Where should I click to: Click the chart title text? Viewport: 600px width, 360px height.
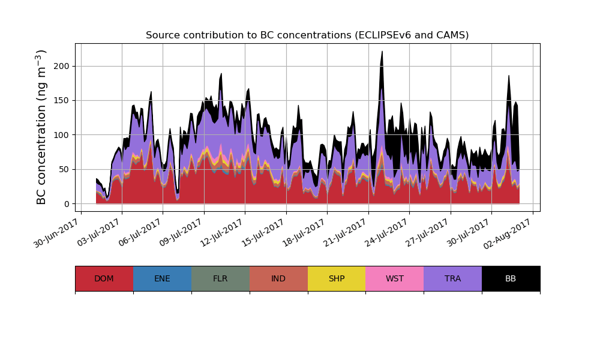(307, 35)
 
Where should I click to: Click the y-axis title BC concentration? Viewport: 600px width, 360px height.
(41, 127)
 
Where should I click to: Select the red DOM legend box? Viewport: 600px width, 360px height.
(104, 278)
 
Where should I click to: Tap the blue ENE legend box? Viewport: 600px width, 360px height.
(162, 278)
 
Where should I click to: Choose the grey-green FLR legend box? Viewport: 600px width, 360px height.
(220, 278)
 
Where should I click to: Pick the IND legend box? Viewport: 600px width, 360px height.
(278, 278)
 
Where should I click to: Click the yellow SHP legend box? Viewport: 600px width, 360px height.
(337, 278)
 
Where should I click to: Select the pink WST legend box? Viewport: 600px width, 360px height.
(395, 278)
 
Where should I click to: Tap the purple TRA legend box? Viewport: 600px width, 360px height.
(453, 278)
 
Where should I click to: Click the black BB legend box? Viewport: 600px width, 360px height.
(511, 278)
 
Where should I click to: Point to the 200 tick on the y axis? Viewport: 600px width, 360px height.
(62, 67)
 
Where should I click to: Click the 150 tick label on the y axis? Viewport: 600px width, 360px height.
(62, 101)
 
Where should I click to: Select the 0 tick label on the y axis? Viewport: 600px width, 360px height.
(67, 204)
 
